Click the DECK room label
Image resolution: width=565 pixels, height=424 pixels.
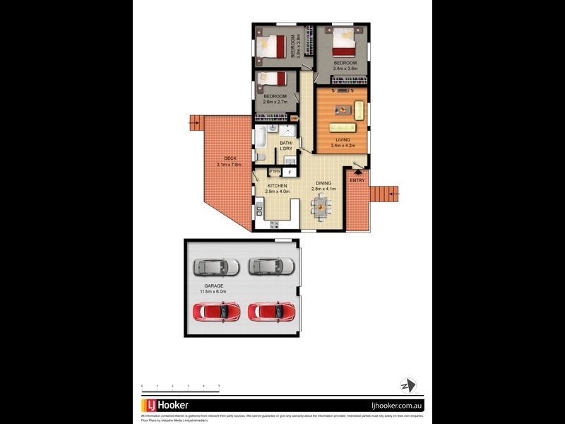point(230,158)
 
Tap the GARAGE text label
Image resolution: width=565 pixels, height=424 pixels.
point(214,286)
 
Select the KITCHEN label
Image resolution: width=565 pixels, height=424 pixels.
point(277,185)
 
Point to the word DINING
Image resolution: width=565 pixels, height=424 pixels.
point(323,183)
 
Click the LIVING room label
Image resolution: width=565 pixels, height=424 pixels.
point(343,140)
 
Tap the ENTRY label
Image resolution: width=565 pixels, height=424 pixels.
point(357,180)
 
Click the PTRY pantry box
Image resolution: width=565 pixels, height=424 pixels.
point(275,172)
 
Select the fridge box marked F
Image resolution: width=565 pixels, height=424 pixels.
point(290,172)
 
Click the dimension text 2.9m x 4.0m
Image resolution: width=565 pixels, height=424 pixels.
point(277,192)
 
